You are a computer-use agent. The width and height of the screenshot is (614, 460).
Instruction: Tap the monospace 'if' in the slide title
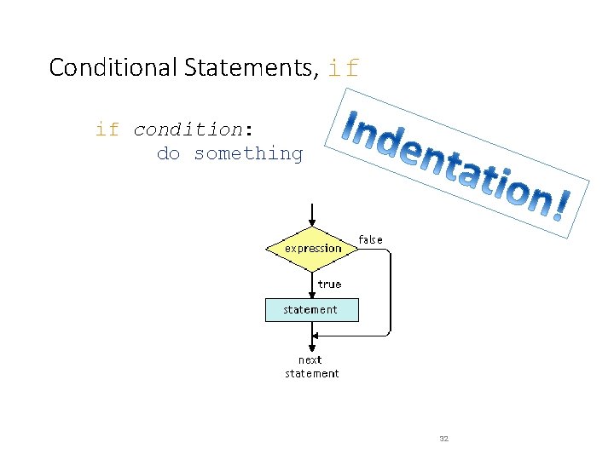[344, 68]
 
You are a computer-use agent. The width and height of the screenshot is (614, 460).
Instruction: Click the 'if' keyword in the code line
[107, 129]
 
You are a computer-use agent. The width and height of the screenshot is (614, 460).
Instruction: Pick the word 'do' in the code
[168, 153]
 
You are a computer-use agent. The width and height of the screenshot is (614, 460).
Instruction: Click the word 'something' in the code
[248, 153]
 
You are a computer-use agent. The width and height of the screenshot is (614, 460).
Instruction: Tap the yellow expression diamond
[313, 249]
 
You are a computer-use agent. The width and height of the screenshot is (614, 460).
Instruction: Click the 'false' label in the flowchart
[370, 239]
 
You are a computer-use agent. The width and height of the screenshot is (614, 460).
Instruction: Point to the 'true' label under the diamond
[329, 284]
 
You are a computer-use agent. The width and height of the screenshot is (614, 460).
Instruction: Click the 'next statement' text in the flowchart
[312, 366]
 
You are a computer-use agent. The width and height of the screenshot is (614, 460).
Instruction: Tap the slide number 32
[443, 438]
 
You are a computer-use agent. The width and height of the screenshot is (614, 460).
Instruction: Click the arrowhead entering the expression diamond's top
[313, 224]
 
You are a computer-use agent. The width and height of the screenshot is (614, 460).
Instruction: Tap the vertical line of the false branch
[391, 290]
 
